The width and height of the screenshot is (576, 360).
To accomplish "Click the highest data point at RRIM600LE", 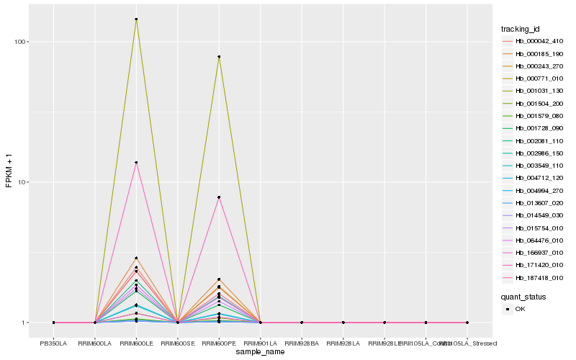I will pos(136,19).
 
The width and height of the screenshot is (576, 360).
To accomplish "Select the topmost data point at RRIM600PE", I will pos(219,57).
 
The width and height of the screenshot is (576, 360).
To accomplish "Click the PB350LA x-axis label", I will pos(53,343).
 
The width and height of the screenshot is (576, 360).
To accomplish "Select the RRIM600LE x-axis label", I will pos(136,343).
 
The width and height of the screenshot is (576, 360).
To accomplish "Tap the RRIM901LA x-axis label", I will pos(260,343).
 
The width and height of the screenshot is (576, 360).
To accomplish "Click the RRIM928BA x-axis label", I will pos(302,343).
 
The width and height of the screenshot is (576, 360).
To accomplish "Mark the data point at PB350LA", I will pos(53,323).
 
